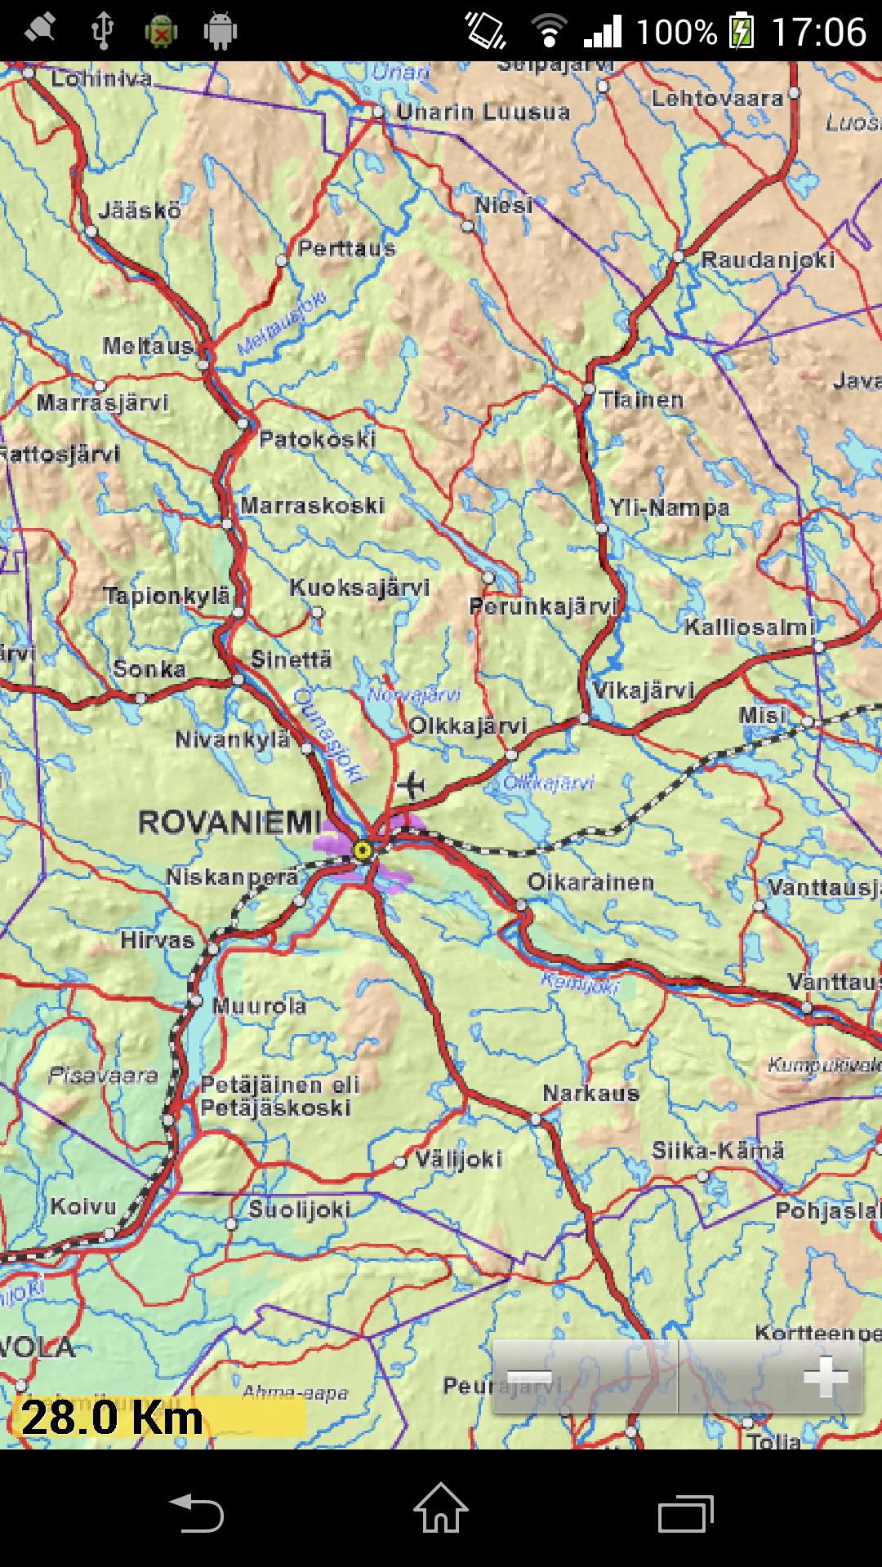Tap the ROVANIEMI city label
pyautogui.click(x=230, y=823)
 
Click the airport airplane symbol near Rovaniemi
pyautogui.click(x=412, y=785)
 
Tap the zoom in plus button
pyautogui.click(x=825, y=1378)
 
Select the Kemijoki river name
pyautogui.click(x=580, y=984)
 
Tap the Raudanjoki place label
pyautogui.click(x=768, y=260)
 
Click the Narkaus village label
pyautogui.click(x=590, y=1094)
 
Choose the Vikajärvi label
pyautogui.click(x=644, y=690)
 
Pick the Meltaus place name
pyautogui.click(x=148, y=346)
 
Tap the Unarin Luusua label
pyautogui.click(x=483, y=112)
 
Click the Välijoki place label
pyautogui.click(x=457, y=1159)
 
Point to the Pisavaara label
pyautogui.click(x=103, y=1076)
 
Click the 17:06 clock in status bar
pyautogui.click(x=818, y=31)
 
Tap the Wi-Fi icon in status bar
pyautogui.click(x=549, y=31)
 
